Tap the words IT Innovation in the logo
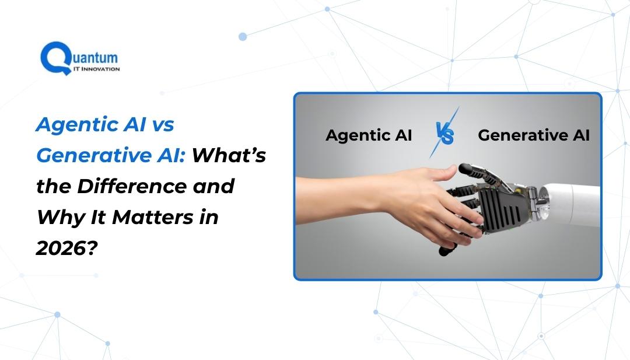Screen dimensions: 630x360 coord(96,69)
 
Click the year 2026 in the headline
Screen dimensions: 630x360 coord(60,248)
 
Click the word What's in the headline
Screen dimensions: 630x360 coord(229,155)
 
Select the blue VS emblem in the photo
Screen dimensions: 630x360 coord(444,133)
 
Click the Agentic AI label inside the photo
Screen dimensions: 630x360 coord(369,135)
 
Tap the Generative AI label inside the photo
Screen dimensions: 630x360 coord(534,135)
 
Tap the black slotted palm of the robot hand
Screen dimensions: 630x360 coord(503,209)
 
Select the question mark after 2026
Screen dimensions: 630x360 coord(92,248)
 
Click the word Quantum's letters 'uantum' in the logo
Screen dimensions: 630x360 coord(96,58)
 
